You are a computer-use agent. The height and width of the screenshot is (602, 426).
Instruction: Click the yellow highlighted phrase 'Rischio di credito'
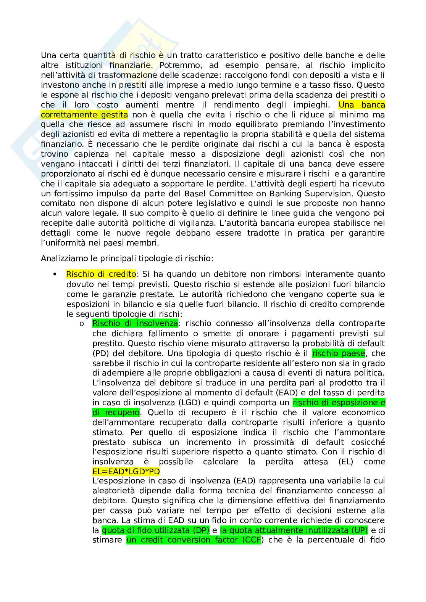101,274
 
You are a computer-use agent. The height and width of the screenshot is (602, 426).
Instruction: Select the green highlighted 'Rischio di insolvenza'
135,324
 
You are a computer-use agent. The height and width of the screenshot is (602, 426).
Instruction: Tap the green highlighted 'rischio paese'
339,353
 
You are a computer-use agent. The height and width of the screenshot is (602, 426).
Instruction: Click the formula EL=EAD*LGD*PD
126,472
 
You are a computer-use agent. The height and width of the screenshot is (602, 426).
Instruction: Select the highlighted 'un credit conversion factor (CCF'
194,540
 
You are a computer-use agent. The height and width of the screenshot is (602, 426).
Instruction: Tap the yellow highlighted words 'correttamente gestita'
84,115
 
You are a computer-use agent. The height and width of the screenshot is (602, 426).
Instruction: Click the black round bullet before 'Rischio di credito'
55,275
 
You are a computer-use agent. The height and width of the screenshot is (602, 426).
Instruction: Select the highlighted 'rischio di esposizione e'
339,403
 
